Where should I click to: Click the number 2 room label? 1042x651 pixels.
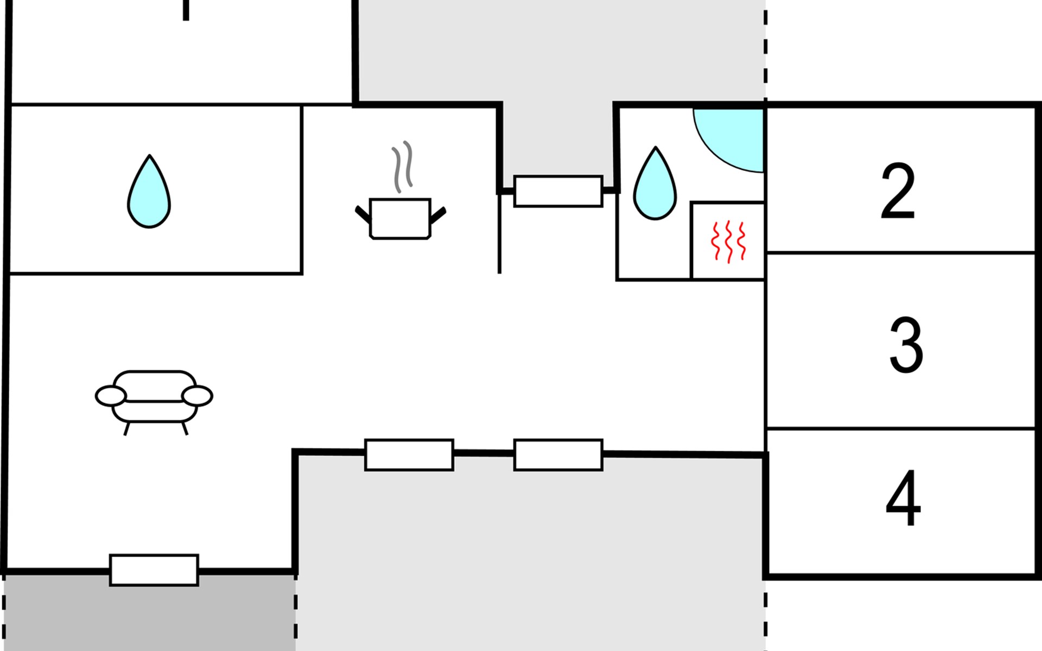click(898, 190)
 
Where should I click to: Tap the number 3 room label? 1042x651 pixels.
click(906, 345)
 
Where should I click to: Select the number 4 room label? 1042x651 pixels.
click(903, 498)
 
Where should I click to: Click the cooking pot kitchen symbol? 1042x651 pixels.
click(401, 218)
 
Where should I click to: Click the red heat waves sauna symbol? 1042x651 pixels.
click(728, 241)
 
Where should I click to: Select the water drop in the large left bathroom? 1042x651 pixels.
click(149, 192)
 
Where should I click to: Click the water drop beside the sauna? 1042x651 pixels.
click(655, 183)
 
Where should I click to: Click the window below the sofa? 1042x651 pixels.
click(154, 570)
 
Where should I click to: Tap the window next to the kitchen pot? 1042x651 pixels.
click(558, 191)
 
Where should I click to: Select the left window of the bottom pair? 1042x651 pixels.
click(409, 455)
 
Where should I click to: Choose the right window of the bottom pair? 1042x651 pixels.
click(558, 455)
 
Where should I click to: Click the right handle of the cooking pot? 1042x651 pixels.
click(438, 215)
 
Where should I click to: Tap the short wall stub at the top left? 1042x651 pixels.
click(186, 10)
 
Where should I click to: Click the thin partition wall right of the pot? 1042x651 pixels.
click(499, 233)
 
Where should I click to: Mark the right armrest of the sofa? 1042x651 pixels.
click(197, 396)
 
